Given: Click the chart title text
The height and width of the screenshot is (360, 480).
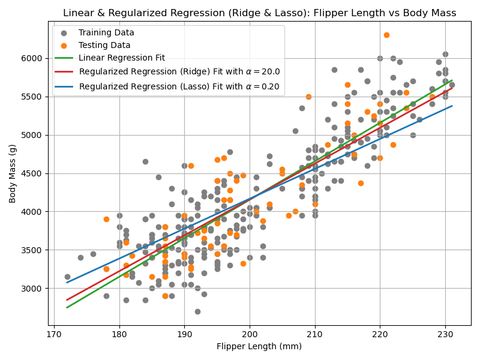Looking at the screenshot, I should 259,13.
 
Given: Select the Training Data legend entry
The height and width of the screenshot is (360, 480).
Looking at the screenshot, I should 106,32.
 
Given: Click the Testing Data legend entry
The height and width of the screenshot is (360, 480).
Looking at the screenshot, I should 104,45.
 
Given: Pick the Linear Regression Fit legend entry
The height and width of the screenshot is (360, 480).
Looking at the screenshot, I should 122,58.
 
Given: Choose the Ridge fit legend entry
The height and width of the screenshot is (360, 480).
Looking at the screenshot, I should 179,71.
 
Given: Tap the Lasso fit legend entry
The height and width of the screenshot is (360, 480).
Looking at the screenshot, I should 179,86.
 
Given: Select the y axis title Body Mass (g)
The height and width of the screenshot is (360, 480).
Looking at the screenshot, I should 13,173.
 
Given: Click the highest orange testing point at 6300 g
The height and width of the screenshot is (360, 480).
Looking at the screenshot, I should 386,35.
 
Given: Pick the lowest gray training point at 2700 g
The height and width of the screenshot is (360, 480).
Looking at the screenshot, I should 197,311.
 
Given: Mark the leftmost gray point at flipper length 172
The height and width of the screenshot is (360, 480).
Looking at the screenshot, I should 67,277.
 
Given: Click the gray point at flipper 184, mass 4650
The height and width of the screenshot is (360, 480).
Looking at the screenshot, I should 145,161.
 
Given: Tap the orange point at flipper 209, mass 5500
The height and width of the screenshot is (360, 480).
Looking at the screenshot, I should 308,97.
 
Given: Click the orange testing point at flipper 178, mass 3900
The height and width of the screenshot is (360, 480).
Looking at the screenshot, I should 106,219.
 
